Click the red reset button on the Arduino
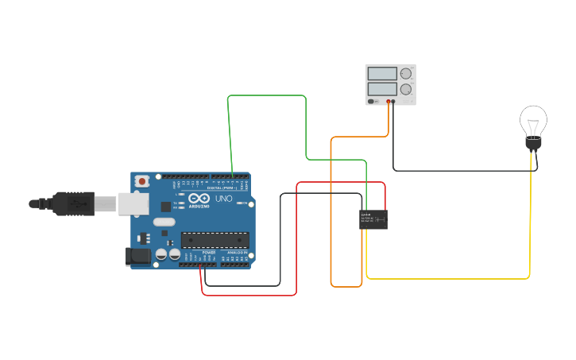click(x=142, y=181)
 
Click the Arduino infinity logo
click(x=199, y=198)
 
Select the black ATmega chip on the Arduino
click(x=215, y=239)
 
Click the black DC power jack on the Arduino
click(x=137, y=256)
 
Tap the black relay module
click(x=373, y=219)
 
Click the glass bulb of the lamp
click(x=533, y=122)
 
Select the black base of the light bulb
click(x=533, y=145)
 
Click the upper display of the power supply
click(x=382, y=74)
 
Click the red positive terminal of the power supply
click(x=389, y=102)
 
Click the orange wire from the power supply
click(x=331, y=223)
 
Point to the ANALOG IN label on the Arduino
click(x=236, y=253)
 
